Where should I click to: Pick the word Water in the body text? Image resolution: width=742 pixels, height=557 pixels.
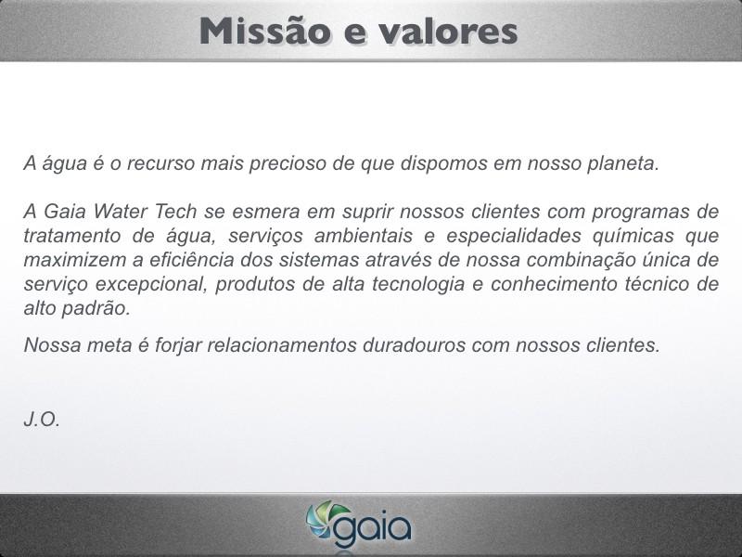pos(121,212)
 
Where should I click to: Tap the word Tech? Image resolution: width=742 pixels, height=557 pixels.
pos(175,212)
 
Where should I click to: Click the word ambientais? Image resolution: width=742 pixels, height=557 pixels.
pos(363,236)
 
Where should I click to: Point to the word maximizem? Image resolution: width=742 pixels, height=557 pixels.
pos(75,260)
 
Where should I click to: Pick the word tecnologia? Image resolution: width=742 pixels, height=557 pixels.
pos(418,285)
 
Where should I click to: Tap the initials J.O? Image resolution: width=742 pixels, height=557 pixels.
pos(42,420)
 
